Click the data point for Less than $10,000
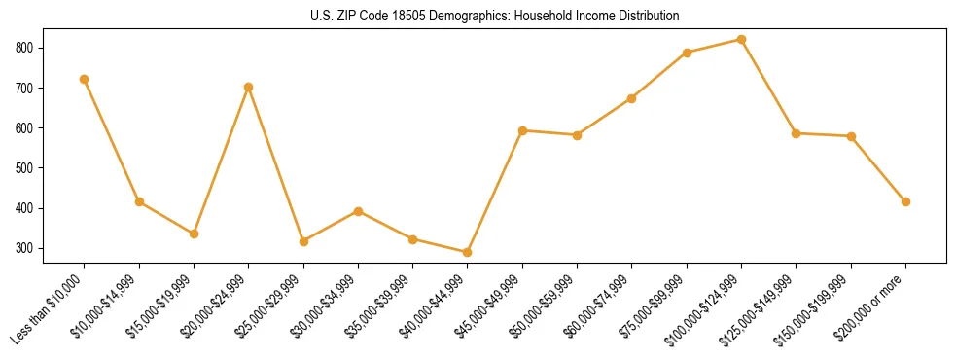tap(85, 79)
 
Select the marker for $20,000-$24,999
tap(249, 87)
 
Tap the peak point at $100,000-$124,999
tap(742, 40)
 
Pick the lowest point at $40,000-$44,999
tap(468, 252)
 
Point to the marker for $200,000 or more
tap(906, 201)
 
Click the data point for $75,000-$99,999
tap(688, 53)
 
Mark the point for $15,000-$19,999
tap(195, 234)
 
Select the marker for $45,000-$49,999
tap(523, 130)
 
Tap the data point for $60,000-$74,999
tap(632, 98)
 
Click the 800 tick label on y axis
tap(23, 48)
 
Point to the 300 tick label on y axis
tap(23, 248)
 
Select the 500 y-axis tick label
tap(23, 168)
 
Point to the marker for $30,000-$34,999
tap(359, 211)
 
